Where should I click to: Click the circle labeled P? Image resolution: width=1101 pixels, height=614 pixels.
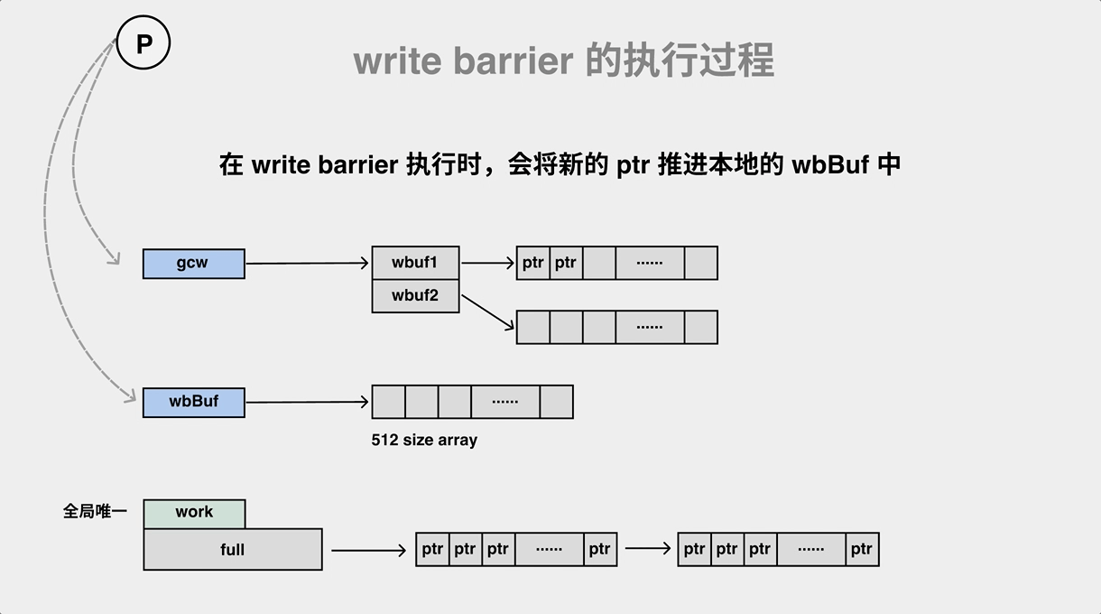tap(143, 43)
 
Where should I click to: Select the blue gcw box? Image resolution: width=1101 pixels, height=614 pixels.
tap(193, 264)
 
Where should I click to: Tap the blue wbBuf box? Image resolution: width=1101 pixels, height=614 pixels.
tap(193, 402)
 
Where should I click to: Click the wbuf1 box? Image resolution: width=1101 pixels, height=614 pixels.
tap(415, 263)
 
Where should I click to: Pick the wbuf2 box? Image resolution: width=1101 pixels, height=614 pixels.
tap(415, 296)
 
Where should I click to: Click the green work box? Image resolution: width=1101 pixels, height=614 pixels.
tap(194, 513)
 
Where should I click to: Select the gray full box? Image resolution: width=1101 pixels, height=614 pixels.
tap(232, 549)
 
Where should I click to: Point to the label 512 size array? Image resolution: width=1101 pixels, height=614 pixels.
tap(424, 441)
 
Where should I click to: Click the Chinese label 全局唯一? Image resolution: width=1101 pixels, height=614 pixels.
tap(95, 512)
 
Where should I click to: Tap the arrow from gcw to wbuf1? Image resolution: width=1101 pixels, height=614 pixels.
tap(307, 264)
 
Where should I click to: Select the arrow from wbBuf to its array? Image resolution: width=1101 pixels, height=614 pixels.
tap(307, 402)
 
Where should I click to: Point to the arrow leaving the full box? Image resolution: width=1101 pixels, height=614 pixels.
tap(368, 549)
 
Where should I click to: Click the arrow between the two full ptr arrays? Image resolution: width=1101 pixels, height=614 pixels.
tap(647, 548)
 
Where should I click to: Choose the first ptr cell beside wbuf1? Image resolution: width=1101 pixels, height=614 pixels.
tap(533, 263)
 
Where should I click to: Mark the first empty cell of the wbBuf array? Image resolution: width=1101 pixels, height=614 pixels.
tap(389, 402)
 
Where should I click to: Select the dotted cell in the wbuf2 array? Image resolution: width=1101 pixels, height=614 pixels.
tap(650, 327)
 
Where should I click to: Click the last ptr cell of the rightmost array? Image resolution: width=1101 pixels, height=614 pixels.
tap(862, 549)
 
